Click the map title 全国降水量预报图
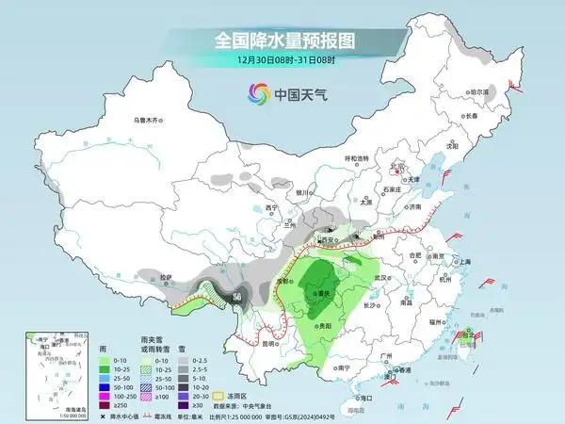(x=282, y=41)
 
